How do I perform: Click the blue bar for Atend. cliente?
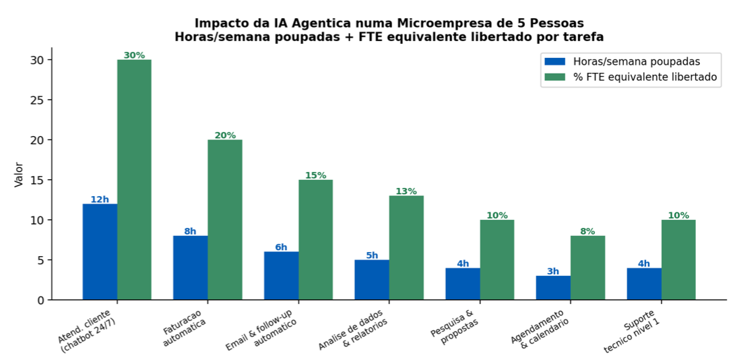click(x=100, y=251)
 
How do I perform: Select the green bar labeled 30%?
click(x=134, y=179)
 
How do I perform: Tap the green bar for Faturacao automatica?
click(x=225, y=220)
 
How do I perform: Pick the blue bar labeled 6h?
click(x=281, y=276)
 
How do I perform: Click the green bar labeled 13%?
click(x=406, y=247)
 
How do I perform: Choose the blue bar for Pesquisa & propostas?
click(x=463, y=284)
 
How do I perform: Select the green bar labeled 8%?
click(x=587, y=268)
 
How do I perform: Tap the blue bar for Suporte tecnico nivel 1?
click(x=644, y=284)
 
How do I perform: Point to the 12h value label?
click(x=100, y=200)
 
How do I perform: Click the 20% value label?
click(x=225, y=136)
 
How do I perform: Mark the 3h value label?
click(x=553, y=272)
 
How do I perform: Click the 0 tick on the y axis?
click(x=40, y=300)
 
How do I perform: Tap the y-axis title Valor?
click(x=18, y=174)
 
